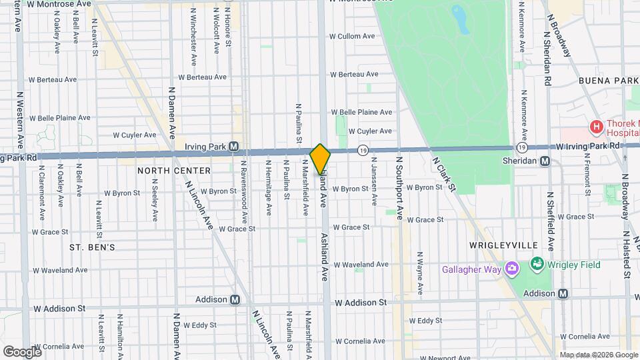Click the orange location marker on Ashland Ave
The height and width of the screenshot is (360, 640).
point(321,159)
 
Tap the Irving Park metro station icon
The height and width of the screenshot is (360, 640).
point(234,147)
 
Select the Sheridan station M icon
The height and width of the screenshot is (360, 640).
point(545,161)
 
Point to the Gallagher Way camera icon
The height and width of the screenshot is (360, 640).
point(512,269)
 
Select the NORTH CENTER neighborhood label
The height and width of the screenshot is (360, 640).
point(174,171)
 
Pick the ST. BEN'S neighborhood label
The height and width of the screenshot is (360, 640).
point(93,247)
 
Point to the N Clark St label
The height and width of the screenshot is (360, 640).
point(443,175)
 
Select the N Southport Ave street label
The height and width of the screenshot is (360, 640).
point(400,189)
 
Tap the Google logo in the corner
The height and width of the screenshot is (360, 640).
point(22,351)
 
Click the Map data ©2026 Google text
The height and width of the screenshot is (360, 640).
point(598,355)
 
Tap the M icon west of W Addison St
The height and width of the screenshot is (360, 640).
point(235,300)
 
